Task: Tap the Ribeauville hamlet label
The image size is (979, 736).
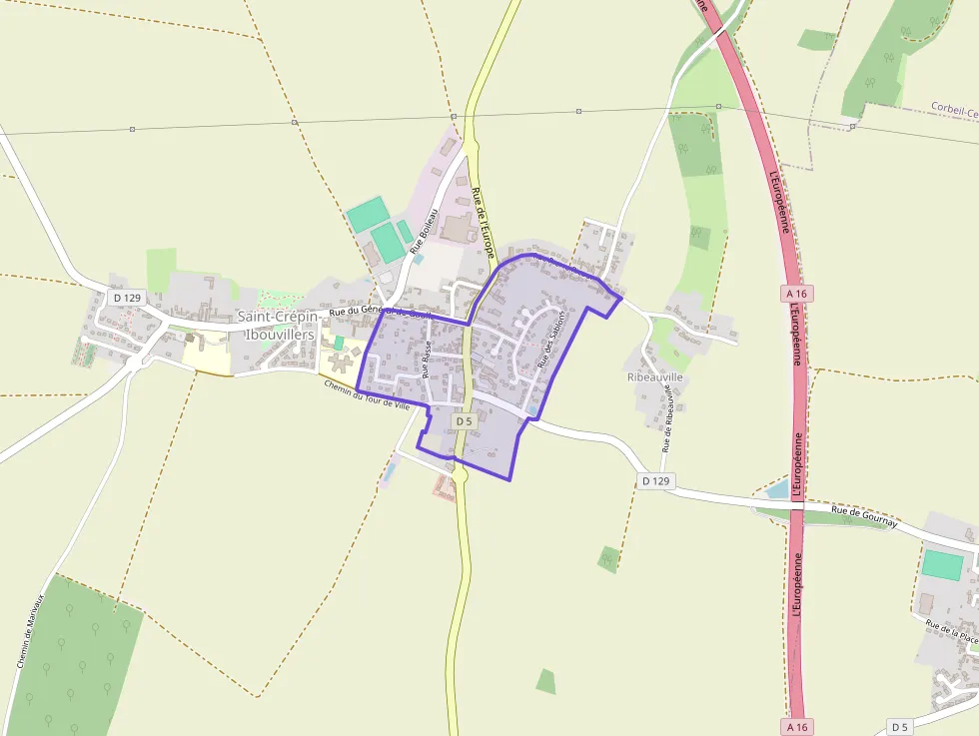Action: pos(654,377)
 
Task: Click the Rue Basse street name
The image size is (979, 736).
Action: pos(427,359)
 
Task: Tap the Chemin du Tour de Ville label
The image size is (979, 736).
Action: pos(368,393)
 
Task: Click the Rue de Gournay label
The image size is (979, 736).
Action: pos(865,515)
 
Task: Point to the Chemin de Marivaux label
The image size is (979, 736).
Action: pos(31,632)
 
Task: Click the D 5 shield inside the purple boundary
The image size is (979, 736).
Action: pos(464,421)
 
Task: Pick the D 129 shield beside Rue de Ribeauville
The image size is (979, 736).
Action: pos(655,481)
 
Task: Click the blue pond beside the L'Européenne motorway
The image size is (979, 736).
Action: pos(777,489)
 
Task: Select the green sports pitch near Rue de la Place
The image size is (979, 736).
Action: pos(942,565)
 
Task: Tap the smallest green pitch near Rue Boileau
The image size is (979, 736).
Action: pos(405,232)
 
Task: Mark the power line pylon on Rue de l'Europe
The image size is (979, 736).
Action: pos(454,117)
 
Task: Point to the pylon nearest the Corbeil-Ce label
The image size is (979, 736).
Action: pos(852,126)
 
